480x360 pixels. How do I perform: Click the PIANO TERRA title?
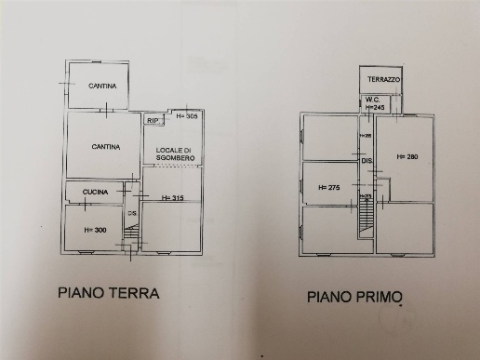click(109, 292)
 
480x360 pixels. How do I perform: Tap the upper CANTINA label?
click(102, 87)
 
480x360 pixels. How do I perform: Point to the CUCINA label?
click(96, 193)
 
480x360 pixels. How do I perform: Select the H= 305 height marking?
click(187, 116)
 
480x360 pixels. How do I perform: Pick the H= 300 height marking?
click(93, 229)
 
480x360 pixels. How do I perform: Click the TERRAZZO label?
click(382, 81)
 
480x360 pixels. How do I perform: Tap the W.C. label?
click(372, 100)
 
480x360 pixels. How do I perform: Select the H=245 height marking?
click(375, 108)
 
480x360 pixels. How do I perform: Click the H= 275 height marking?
click(329, 187)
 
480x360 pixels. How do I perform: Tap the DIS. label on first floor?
click(367, 161)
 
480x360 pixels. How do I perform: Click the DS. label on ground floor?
click(132, 214)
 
